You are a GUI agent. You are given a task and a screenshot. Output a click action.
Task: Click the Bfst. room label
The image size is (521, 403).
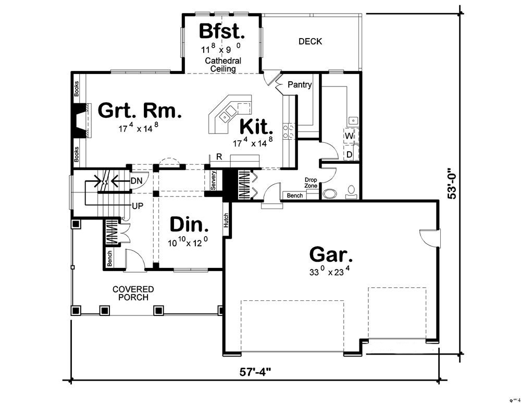(222, 31)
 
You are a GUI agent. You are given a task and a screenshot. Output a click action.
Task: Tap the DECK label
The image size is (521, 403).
(310, 41)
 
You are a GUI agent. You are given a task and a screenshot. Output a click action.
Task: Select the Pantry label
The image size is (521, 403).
(300, 84)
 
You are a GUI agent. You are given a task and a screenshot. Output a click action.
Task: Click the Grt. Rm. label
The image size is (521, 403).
(140, 111)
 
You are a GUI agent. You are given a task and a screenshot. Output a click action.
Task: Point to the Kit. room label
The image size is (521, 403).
(256, 127)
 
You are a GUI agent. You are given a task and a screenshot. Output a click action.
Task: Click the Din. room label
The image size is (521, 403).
(190, 226)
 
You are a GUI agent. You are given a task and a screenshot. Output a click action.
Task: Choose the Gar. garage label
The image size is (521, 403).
(331, 255)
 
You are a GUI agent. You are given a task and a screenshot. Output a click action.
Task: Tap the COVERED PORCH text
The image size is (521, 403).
(133, 293)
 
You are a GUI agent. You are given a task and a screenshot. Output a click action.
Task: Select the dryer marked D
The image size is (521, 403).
(349, 155)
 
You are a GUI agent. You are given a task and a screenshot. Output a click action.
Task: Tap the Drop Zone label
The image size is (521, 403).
(311, 182)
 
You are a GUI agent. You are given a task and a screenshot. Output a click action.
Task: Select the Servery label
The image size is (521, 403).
(213, 180)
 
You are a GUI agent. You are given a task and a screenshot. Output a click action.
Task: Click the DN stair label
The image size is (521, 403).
(137, 180)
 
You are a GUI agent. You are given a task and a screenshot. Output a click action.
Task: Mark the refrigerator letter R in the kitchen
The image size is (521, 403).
(220, 156)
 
